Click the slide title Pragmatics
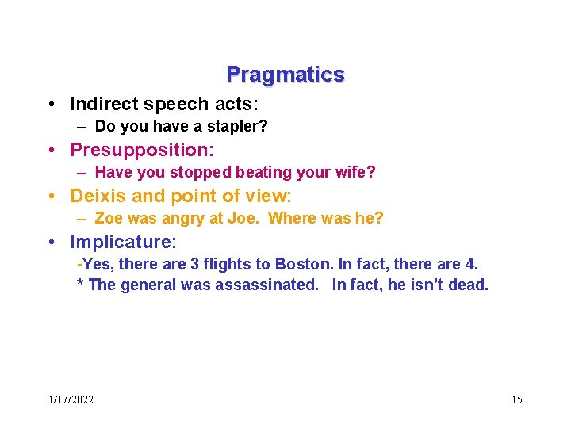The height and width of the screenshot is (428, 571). click(x=285, y=75)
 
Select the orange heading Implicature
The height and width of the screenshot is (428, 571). click(x=123, y=241)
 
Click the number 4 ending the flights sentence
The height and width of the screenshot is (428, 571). click(x=473, y=264)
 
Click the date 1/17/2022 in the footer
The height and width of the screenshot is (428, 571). click(x=71, y=399)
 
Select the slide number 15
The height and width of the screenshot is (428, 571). click(x=516, y=399)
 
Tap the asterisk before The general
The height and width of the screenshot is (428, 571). click(x=80, y=285)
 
